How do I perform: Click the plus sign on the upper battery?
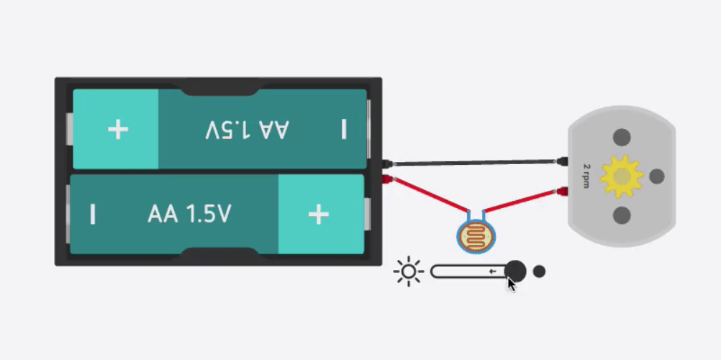pos(118,130)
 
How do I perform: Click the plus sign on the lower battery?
pos(318,215)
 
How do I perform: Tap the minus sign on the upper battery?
pos(344,130)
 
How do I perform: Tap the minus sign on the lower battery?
pos(93,215)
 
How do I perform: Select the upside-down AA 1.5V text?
pos(247,130)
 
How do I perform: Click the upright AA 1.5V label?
pos(189,215)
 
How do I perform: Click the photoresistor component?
pos(476,237)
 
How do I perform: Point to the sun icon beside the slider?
pos(409,271)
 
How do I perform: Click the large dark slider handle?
pos(515,271)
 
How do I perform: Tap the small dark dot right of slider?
pos(539,271)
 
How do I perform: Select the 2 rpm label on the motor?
pos(586,176)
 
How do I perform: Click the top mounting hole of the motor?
pos(621,137)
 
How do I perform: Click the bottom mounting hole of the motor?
pos(621,215)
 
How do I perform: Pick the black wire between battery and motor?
pos(475,163)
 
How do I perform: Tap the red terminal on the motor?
pos(562,192)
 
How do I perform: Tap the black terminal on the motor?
pos(563,161)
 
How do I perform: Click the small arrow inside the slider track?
pos(493,271)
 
